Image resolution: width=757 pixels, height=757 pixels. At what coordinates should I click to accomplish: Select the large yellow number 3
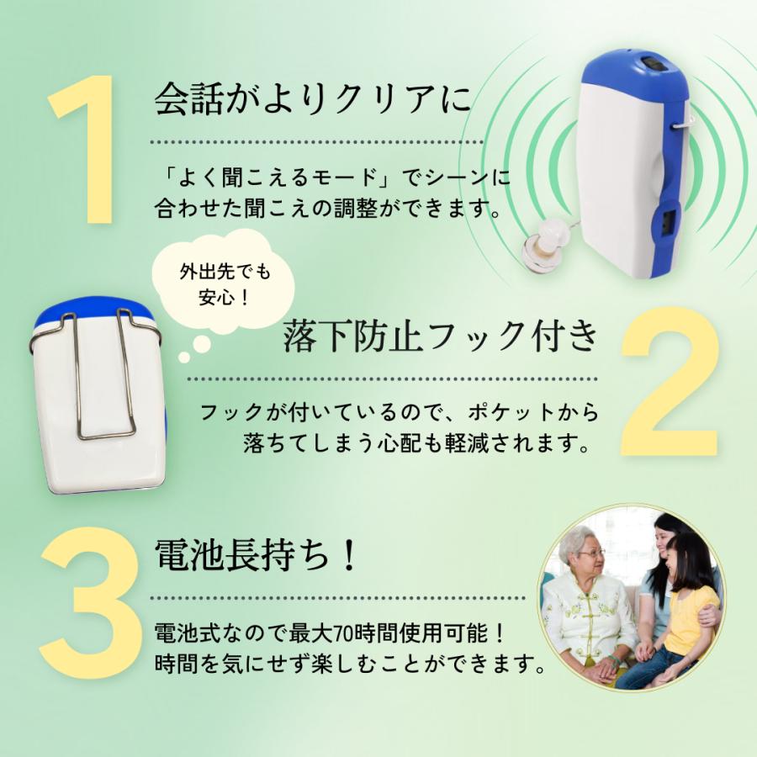point(88,601)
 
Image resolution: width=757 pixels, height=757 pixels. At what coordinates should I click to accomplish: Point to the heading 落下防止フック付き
point(442,337)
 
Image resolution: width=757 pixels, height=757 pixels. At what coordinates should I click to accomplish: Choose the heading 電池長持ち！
point(257,556)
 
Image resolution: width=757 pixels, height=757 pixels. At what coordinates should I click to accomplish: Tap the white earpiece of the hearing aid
point(542,244)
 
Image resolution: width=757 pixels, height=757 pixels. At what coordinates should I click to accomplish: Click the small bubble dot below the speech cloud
point(184,357)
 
